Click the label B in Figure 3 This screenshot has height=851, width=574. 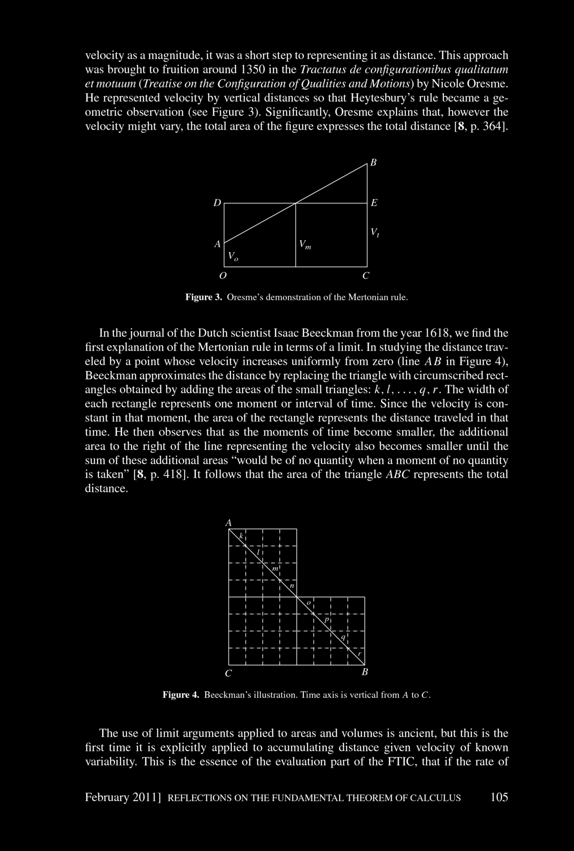point(374,163)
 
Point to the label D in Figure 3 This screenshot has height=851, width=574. point(217,203)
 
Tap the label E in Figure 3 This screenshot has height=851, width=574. point(374,203)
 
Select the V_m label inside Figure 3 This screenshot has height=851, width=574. point(305,245)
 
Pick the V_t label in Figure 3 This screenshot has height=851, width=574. point(375,233)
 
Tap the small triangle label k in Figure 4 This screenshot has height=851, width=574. point(242,536)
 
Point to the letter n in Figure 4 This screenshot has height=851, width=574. point(292,586)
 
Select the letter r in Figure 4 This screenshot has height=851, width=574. point(360,653)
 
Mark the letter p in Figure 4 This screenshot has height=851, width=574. point(326,620)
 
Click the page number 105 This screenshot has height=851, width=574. point(499,797)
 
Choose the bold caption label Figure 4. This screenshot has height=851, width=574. point(181,695)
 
